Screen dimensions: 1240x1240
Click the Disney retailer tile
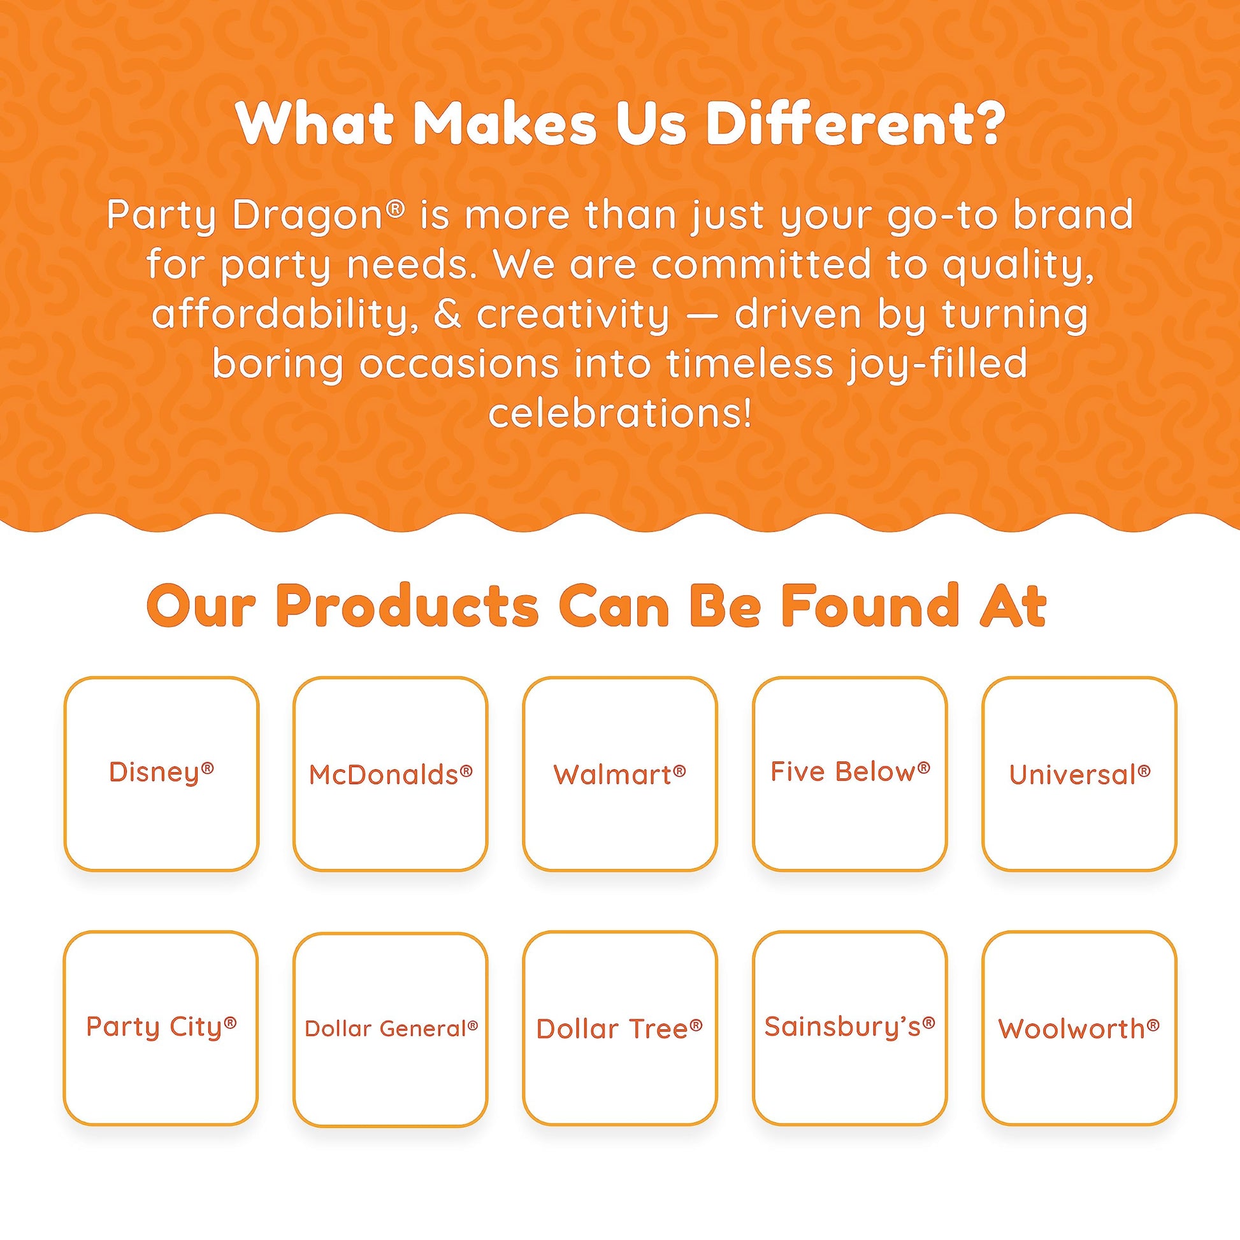tap(161, 774)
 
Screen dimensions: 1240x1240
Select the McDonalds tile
tap(390, 774)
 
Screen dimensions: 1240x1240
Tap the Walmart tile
tap(620, 774)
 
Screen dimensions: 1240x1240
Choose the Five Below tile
tap(850, 774)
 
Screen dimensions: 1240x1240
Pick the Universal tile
tap(1079, 774)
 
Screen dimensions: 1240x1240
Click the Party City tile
tap(161, 1028)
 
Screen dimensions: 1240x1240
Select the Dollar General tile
tap(390, 1028)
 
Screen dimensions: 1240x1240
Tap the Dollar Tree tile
tap(620, 1028)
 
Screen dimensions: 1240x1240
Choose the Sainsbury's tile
tap(850, 1028)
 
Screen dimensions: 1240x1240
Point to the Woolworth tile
tap(1079, 1028)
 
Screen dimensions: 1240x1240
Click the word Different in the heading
tap(854, 123)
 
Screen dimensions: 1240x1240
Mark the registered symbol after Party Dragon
tap(396, 208)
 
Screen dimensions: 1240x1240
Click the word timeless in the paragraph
tap(749, 363)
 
